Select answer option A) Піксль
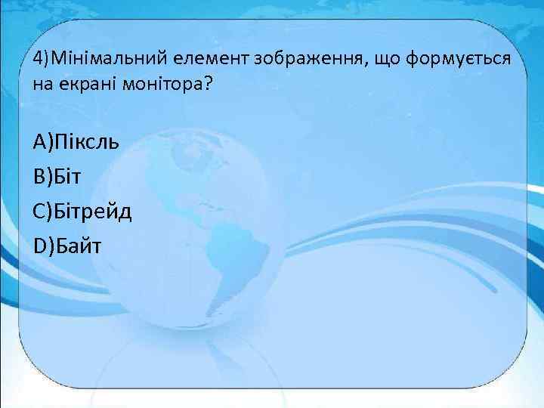76,142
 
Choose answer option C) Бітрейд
82,211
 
